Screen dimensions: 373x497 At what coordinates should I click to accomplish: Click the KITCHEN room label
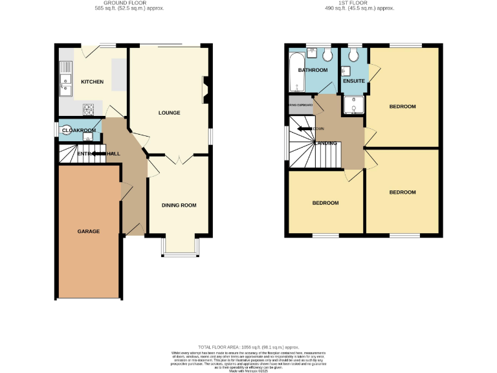[x=92, y=82]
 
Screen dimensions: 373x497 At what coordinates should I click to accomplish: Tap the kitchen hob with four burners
[x=88, y=108]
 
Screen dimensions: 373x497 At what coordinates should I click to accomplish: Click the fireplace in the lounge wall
[x=206, y=89]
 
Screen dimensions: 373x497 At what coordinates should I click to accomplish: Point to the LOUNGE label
[x=169, y=113]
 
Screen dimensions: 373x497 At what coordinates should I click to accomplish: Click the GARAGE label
[x=89, y=231]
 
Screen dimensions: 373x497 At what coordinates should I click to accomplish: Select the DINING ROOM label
[x=179, y=205]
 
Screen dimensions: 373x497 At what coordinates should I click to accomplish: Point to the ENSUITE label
[x=354, y=81]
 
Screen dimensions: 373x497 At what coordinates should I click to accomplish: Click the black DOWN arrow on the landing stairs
[x=305, y=129]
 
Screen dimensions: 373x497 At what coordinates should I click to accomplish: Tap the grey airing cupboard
[x=301, y=105]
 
